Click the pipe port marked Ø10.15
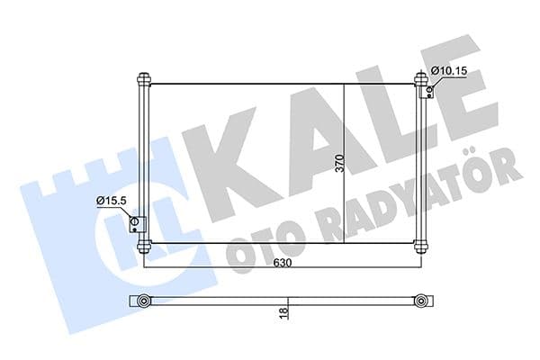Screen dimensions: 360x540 (431, 88)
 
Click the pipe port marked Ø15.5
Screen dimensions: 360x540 (135, 224)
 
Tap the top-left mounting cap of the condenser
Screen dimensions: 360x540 (143, 79)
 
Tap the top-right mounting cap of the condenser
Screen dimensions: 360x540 (420, 79)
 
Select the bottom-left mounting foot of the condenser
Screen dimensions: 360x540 (143, 246)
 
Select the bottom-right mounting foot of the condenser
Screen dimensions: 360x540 (420, 246)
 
